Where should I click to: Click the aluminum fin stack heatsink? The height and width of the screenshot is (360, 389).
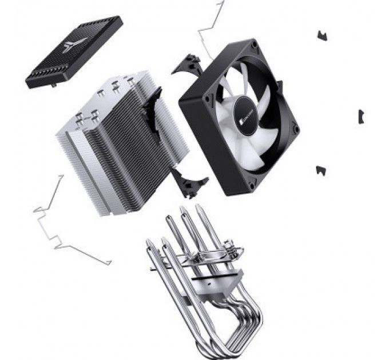[120, 143]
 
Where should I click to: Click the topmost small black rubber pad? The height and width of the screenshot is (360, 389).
[322, 36]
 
